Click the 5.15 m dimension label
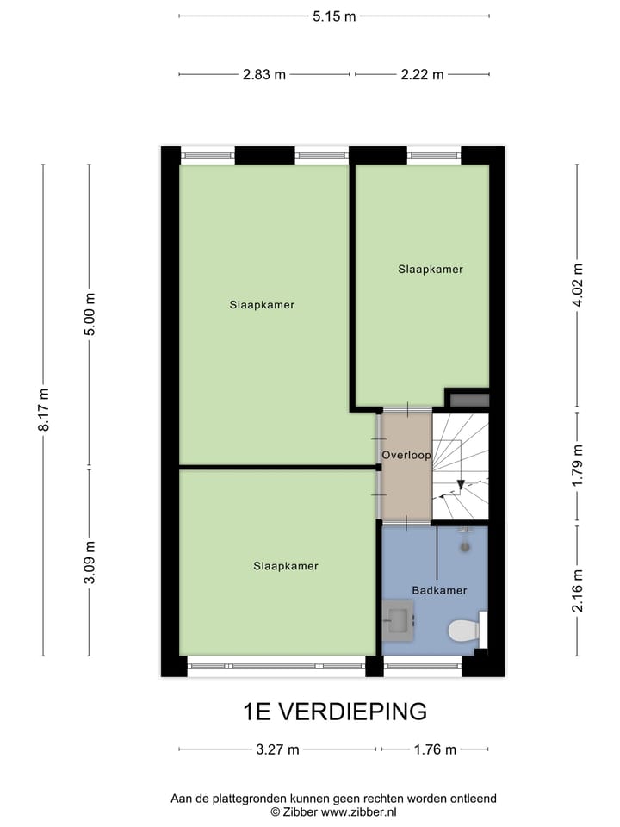[x=334, y=16]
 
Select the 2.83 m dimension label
[x=264, y=74]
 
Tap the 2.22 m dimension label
[x=422, y=74]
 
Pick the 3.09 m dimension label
[x=90, y=563]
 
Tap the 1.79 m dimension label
[x=578, y=466]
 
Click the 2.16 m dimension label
[x=578, y=589]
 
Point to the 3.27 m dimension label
[x=278, y=749]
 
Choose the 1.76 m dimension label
[x=435, y=749]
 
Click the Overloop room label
[x=406, y=455]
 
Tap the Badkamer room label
[x=439, y=590]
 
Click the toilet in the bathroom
[x=466, y=631]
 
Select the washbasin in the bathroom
[x=399, y=618]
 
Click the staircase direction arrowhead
[x=462, y=485]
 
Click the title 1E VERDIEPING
[x=335, y=712]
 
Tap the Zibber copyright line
[x=334, y=811]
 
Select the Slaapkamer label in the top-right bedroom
[x=431, y=270]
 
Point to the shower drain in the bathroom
[x=466, y=545]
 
